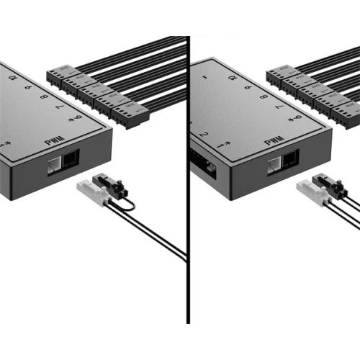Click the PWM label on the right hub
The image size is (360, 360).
coord(274,142)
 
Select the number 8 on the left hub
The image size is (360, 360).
coord(45,95)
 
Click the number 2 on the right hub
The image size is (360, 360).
coord(204,134)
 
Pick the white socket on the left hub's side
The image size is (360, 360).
coord(53,165)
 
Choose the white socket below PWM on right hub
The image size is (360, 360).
coord(274,165)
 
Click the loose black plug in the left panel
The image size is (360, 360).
coord(112,186)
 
